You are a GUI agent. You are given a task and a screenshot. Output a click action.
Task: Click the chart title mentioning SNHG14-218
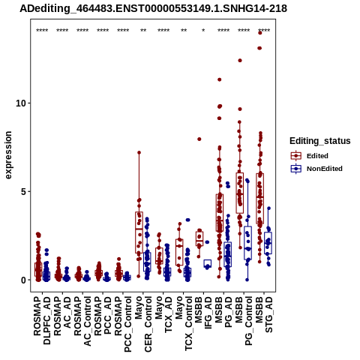[153, 8]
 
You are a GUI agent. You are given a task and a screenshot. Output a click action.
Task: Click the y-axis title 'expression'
[8, 155]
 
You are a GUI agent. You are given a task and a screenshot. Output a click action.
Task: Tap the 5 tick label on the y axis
[24, 191]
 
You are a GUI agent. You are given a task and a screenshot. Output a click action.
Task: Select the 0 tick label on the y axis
[24, 280]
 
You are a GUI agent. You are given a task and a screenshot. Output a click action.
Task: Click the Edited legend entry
[309, 156]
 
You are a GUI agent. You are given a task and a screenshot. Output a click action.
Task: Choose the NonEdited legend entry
[316, 169]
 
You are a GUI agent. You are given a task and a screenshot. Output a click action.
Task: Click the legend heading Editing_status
[319, 141]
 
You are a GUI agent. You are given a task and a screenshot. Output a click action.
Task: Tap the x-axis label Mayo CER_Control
[143, 324]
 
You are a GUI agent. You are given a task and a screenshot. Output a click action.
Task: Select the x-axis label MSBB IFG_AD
[203, 312]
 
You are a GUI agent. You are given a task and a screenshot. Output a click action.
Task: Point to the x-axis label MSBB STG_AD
[264, 314]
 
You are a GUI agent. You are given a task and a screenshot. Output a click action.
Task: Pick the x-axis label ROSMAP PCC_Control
[123, 324]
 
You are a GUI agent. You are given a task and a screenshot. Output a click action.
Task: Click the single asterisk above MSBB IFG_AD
[203, 31]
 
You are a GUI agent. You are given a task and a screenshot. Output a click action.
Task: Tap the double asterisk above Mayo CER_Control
[143, 31]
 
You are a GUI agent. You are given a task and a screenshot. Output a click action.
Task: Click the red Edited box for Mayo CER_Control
[139, 232]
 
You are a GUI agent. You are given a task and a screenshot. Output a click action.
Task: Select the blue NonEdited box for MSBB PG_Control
[247, 243]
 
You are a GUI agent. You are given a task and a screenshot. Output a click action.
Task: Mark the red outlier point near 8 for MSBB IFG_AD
[199, 139]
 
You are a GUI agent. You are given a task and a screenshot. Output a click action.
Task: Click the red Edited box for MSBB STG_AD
[260, 199]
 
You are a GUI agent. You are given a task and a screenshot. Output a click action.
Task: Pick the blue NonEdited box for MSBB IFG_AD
[208, 263]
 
